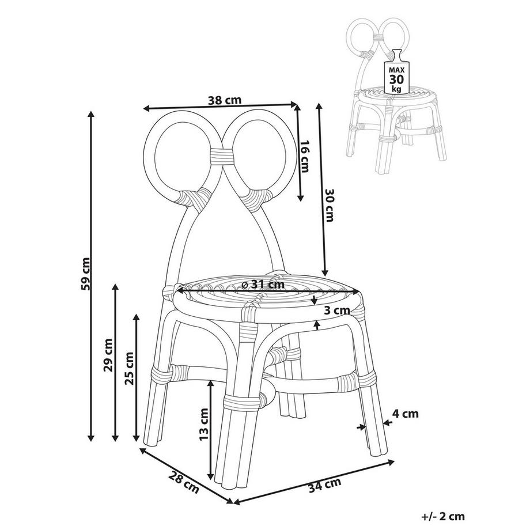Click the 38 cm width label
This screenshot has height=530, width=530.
click(224, 100)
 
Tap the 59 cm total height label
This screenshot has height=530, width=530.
click(85, 273)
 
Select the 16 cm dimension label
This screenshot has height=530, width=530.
click(305, 156)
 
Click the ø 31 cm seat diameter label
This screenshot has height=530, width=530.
click(263, 284)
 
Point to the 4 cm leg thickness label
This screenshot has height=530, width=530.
click(405, 414)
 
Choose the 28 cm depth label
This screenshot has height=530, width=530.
click(184, 482)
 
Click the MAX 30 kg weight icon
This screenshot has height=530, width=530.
click(396, 73)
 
